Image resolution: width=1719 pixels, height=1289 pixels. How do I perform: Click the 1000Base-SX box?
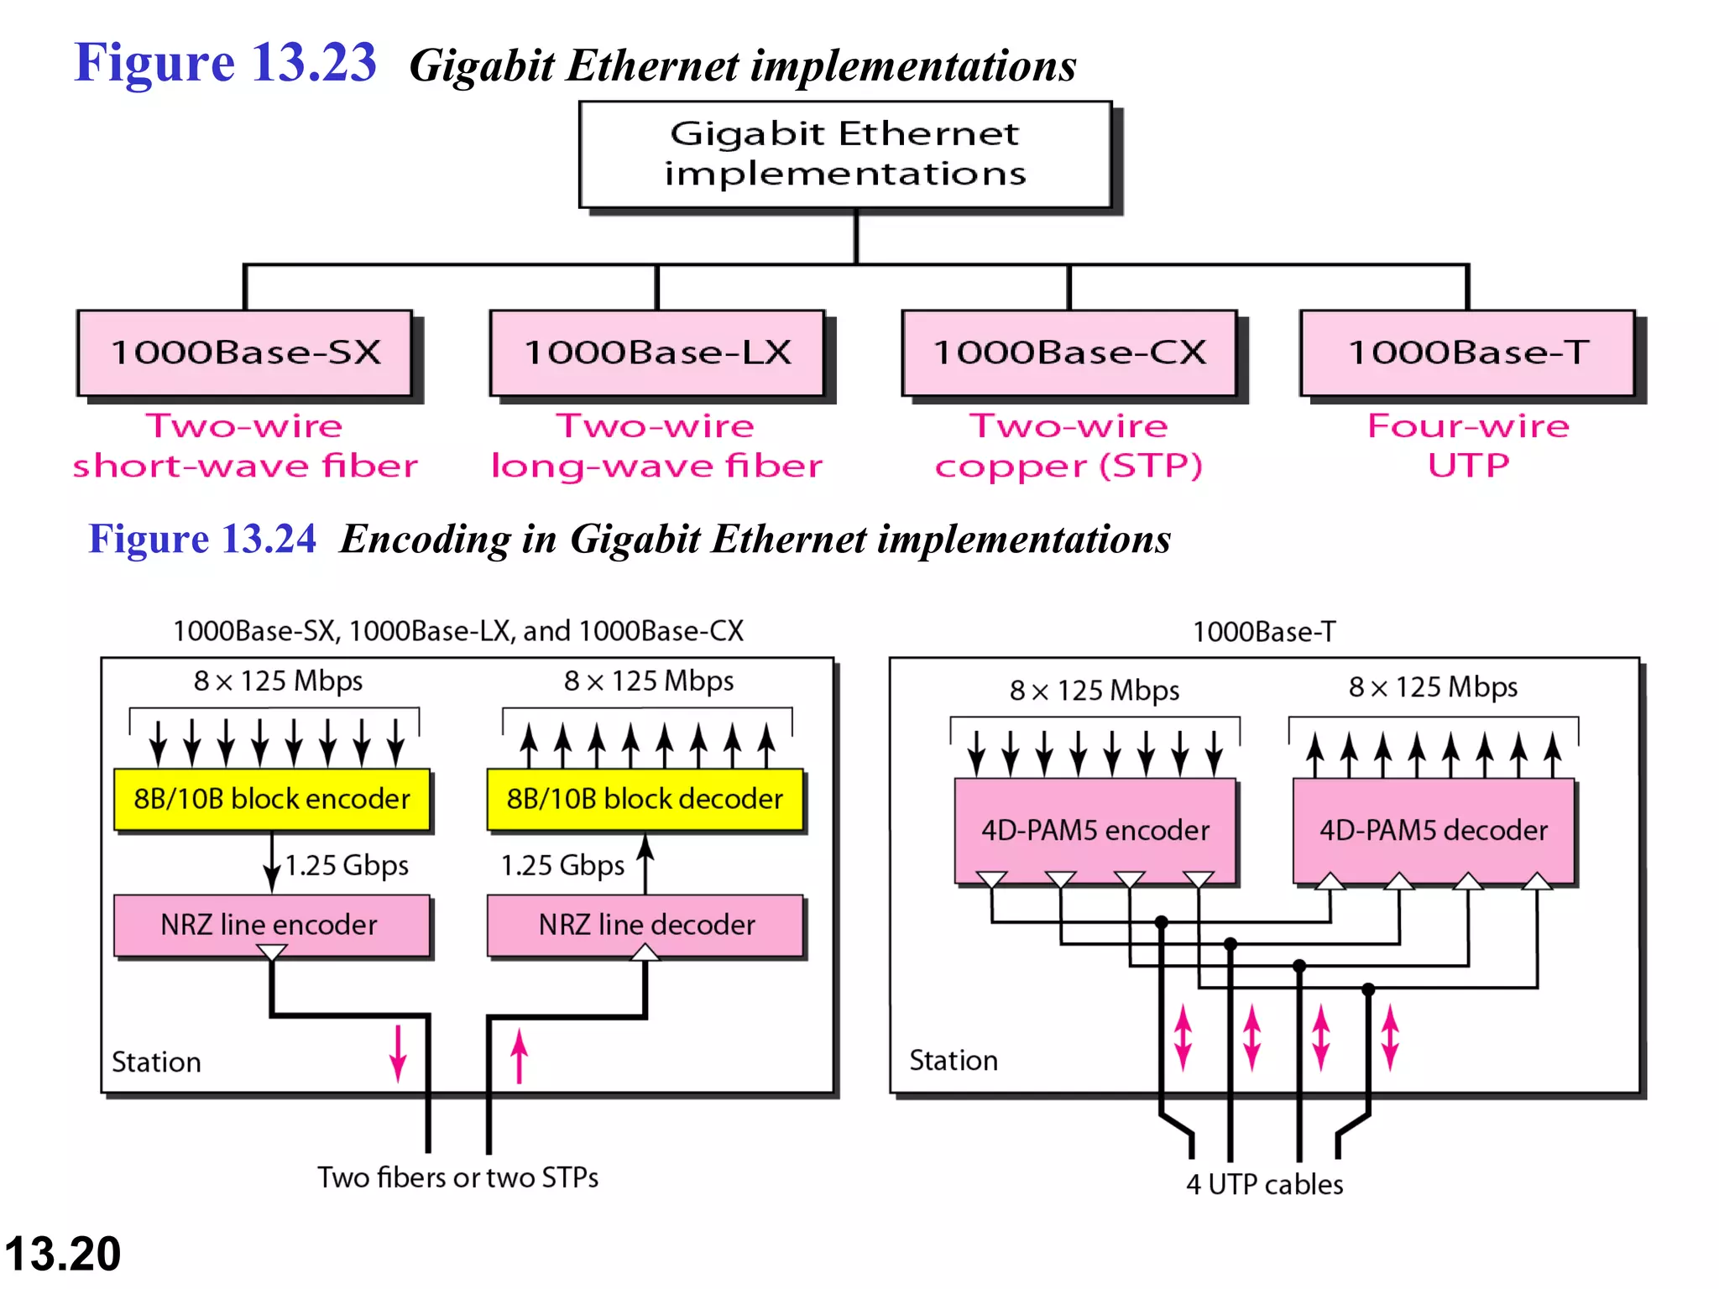pos(245,352)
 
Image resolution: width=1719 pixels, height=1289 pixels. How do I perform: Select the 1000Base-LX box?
pos(657,352)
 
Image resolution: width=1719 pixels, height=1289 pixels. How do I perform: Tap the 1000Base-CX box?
pos(1069,352)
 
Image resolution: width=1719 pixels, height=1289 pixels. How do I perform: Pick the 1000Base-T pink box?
pos(1467,352)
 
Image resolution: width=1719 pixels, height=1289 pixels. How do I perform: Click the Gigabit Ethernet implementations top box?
pos(845,154)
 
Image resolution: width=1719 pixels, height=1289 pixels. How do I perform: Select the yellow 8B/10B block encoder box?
pos(272,799)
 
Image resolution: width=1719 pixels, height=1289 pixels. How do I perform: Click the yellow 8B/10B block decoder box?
pos(645,799)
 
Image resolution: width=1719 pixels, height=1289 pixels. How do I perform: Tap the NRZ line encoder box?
pos(270,925)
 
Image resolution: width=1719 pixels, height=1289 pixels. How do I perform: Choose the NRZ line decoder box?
pos(645,925)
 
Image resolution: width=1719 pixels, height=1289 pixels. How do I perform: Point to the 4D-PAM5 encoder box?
pos(1095,831)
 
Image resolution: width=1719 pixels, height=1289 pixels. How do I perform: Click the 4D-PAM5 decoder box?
pos(1434,831)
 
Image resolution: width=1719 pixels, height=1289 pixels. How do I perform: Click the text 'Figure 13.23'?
pos(225,63)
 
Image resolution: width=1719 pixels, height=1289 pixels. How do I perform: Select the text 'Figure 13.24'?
pos(202,539)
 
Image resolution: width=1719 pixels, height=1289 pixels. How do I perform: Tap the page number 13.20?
pos(63,1254)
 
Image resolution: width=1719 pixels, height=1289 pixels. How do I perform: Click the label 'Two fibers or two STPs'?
pos(457,1177)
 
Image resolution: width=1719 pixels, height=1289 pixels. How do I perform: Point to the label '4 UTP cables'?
pos(1264,1184)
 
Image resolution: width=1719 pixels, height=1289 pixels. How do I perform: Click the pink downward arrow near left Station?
pos(398,1052)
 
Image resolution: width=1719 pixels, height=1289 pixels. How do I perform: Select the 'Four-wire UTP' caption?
pos(1467,446)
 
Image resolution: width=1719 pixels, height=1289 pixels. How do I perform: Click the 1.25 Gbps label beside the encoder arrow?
pos(347,865)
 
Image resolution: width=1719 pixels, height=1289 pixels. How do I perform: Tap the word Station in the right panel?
pos(954,1061)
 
